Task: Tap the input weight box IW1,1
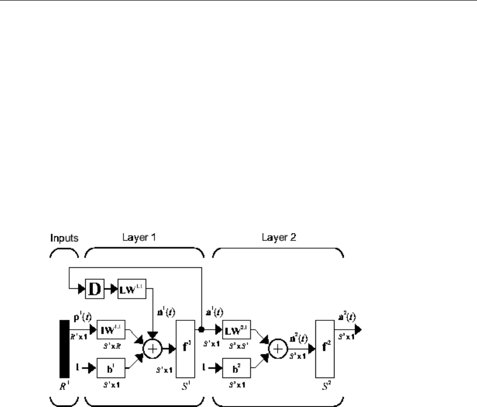pyautogui.click(x=107, y=329)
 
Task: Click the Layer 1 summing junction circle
pyautogui.click(x=152, y=349)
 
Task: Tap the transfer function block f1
pyautogui.click(x=185, y=349)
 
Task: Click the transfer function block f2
pyautogui.click(x=324, y=349)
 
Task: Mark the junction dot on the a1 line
pyautogui.click(x=202, y=329)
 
